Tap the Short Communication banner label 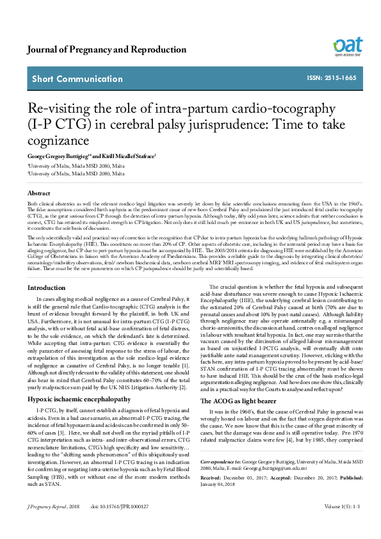click(x=77, y=79)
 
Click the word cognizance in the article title click(x=58, y=138)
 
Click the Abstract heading click(x=39, y=193)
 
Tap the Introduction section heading click(x=46, y=288)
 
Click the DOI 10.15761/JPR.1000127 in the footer click(x=120, y=524)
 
